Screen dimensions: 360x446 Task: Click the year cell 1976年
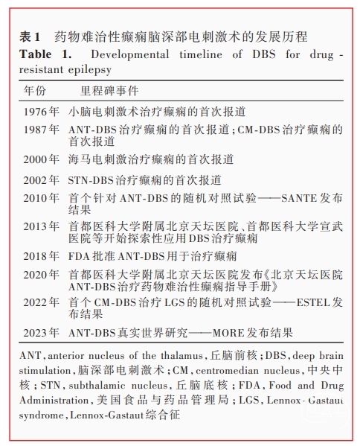coord(42,112)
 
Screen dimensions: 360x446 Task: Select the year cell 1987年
coord(42,130)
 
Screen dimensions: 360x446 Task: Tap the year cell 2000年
coord(42,159)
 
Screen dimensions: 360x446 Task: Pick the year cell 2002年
coord(42,179)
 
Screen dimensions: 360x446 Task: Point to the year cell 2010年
coord(42,199)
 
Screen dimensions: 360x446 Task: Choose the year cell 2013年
coord(42,227)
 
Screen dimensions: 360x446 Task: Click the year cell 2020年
coord(42,275)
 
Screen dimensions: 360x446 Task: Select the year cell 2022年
coord(42,303)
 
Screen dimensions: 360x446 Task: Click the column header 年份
coord(35,91)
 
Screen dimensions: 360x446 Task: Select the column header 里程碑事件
coord(98,91)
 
